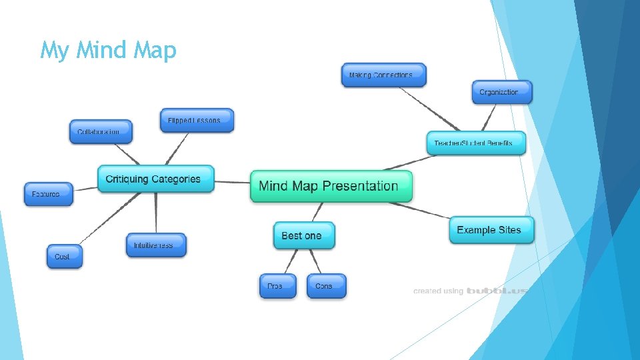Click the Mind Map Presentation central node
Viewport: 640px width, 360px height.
tap(331, 186)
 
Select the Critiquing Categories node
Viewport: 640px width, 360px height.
tap(156, 179)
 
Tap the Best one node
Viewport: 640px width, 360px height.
tap(304, 235)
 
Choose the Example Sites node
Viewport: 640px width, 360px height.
tap(491, 230)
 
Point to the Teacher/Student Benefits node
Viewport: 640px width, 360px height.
tap(476, 143)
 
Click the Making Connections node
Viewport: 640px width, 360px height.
tap(383, 75)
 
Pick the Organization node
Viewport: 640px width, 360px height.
tap(502, 92)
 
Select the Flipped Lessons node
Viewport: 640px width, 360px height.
tap(197, 121)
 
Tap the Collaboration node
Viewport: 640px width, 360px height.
tap(101, 131)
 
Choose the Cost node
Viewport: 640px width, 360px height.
tap(65, 257)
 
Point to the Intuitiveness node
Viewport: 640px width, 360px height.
tap(156, 245)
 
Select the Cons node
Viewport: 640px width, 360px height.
tap(326, 286)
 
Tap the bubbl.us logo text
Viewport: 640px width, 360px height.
tap(497, 291)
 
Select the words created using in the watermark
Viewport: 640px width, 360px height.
tap(438, 291)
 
